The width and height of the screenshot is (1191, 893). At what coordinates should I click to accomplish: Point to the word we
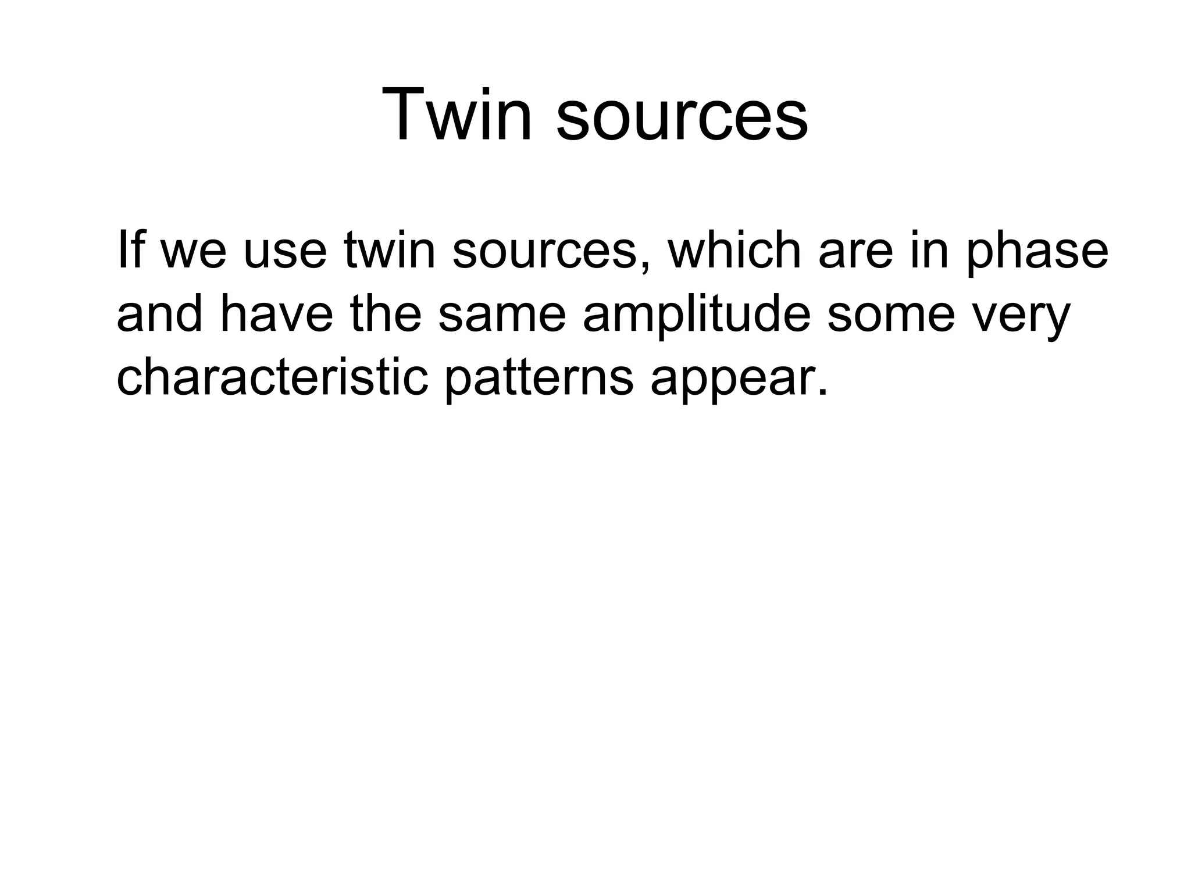(192, 256)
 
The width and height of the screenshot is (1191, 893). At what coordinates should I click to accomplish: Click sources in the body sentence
(544, 256)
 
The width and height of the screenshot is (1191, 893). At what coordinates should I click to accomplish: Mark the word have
(277, 314)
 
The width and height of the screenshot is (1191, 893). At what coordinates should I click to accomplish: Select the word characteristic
(272, 378)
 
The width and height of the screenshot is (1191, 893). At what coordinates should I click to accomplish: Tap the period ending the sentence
(822, 393)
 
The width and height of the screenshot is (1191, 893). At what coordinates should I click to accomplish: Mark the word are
(855, 256)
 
